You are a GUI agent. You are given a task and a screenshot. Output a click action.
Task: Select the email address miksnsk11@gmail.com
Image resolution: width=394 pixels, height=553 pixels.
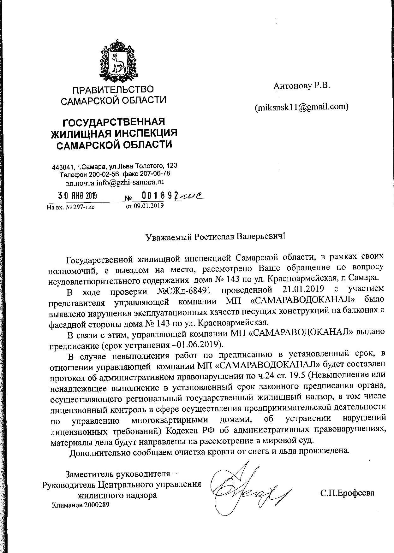(x=301, y=107)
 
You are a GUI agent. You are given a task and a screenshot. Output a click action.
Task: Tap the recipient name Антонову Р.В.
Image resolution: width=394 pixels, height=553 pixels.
(x=301, y=85)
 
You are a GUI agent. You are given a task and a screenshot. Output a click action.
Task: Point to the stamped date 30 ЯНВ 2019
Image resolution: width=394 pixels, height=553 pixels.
(x=77, y=196)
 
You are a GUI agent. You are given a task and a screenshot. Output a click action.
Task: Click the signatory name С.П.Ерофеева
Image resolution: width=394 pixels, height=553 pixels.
(x=347, y=493)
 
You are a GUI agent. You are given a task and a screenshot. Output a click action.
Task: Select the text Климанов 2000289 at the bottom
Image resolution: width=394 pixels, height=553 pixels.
(x=80, y=505)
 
